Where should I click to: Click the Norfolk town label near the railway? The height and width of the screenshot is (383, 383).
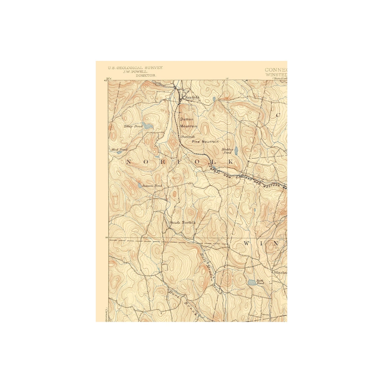[x=192, y=97]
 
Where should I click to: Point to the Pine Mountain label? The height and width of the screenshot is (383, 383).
[x=205, y=142]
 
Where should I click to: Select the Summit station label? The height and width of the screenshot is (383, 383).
[x=188, y=137]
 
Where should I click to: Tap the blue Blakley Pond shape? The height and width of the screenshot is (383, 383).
[x=236, y=151]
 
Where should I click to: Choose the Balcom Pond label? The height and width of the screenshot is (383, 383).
[x=152, y=186]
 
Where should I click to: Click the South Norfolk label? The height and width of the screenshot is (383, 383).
[x=182, y=222]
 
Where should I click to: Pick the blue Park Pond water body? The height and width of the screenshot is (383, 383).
[x=252, y=282]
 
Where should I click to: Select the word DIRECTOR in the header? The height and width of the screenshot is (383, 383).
[x=146, y=76]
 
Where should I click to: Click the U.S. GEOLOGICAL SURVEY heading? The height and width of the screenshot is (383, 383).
[x=135, y=68]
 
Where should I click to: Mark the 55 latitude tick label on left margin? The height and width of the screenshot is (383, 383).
[x=107, y=237]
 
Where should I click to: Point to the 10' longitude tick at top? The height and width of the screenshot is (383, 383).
[x=227, y=78]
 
